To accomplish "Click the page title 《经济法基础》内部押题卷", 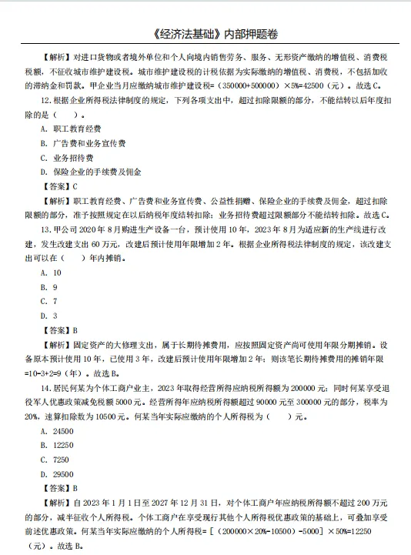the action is [205, 35].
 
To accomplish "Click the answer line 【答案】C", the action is [62, 186].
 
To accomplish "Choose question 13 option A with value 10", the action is [52, 272].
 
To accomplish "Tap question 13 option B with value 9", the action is [49, 287].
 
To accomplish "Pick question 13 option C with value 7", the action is [49, 301].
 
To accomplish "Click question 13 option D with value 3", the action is [49, 316].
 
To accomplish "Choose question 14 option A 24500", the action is [58, 431].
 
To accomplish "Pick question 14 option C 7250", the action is [56, 460].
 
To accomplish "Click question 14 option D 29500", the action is [58, 474].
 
